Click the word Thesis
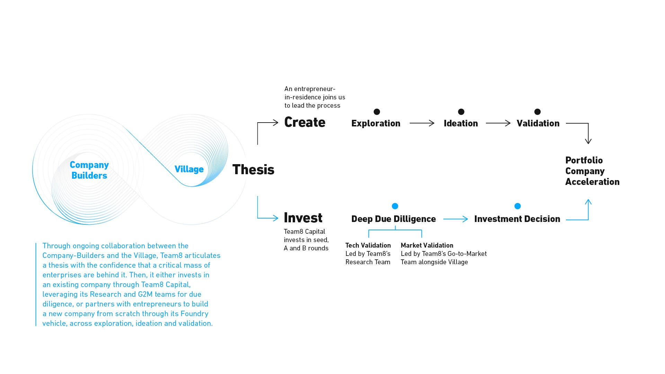253,170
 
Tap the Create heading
304,122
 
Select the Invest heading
303,218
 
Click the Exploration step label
375,123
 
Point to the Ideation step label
461,123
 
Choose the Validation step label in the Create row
538,123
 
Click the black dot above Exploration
377,112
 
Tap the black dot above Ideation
461,112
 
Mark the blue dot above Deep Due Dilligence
395,206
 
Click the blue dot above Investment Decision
517,206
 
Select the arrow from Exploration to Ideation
422,123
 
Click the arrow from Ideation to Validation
498,123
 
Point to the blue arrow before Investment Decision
455,219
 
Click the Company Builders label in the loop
89,170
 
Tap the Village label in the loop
189,169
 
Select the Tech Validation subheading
368,246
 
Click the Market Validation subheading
427,246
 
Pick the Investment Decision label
517,219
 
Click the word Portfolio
584,160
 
